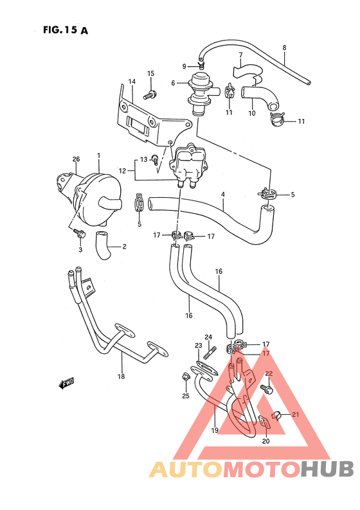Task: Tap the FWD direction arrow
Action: coord(66,384)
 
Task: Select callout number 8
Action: coord(284,48)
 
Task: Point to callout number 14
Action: coord(132,82)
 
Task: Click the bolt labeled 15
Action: coord(150,95)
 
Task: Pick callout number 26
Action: coord(76,159)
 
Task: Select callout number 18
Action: coord(121,376)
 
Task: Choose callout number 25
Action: coord(186,396)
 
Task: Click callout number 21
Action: coord(296,414)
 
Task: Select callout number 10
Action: coord(251,114)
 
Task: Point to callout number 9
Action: coord(184,66)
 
